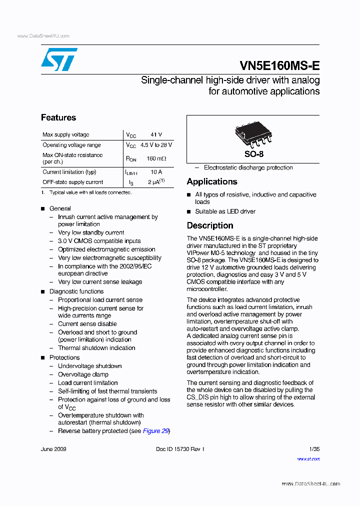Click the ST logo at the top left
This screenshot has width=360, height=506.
(59, 59)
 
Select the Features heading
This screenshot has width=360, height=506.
(58, 117)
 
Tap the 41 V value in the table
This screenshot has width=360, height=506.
(156, 135)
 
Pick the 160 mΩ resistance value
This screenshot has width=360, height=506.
(156, 158)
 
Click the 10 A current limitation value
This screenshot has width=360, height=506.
(156, 172)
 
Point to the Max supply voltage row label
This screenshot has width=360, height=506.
(66, 135)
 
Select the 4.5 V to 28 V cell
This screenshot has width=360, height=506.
(156, 145)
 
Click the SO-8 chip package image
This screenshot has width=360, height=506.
(253, 135)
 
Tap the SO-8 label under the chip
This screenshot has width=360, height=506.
(253, 154)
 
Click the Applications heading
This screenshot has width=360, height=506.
(212, 181)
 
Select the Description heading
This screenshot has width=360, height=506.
(210, 225)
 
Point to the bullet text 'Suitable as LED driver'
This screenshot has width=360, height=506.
(225, 211)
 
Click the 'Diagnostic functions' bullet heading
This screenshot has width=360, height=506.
(76, 291)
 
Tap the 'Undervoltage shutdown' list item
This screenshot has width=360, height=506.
(90, 366)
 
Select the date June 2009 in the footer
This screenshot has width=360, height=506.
(53, 449)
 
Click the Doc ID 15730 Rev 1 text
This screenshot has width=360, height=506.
(180, 449)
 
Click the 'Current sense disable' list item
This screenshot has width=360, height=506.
(87, 324)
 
